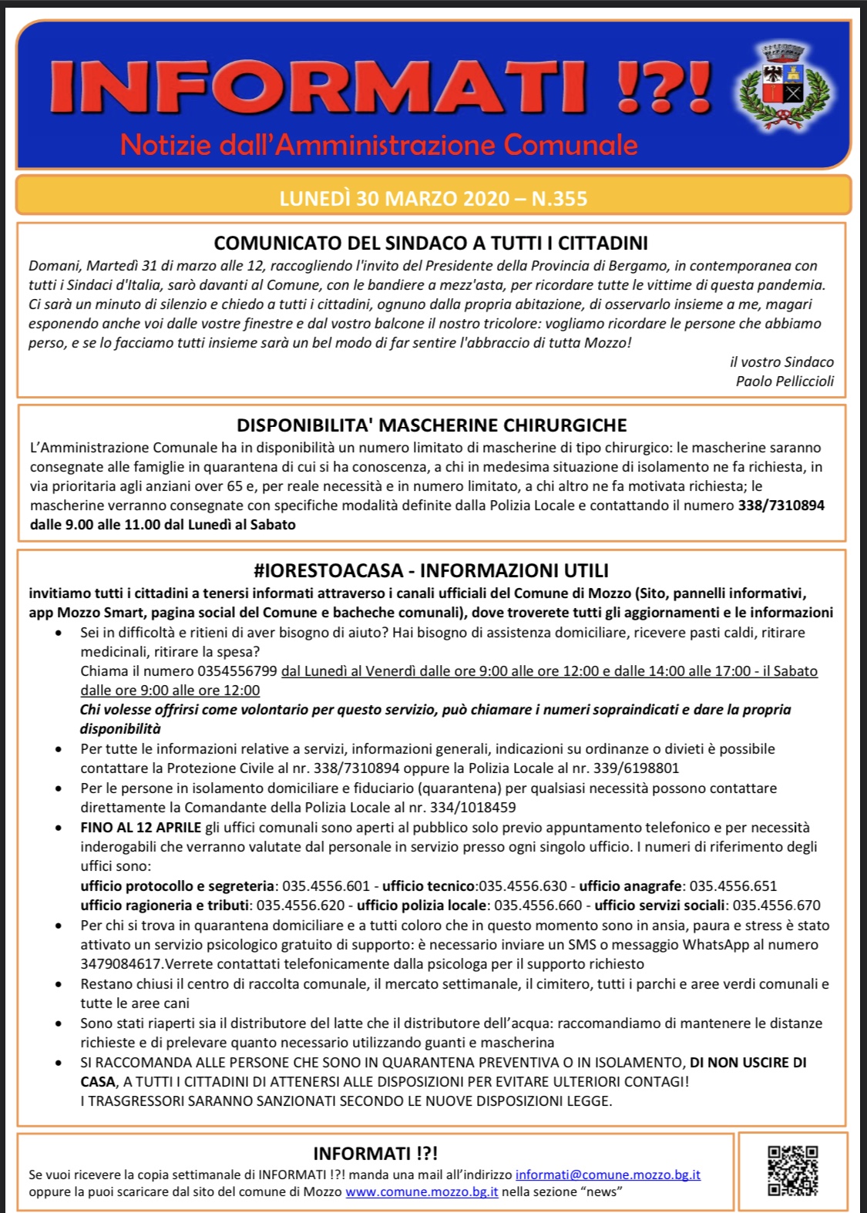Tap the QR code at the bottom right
pyautogui.click(x=792, y=1171)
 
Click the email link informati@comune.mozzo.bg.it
pyautogui.click(x=607, y=1174)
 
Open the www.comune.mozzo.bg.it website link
pyautogui.click(x=422, y=1191)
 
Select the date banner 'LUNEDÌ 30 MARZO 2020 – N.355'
pyautogui.click(x=433, y=198)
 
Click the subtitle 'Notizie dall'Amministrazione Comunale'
pyautogui.click(x=379, y=144)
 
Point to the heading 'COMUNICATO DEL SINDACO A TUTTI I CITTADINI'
pyautogui.click(x=431, y=243)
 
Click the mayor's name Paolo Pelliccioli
pyautogui.click(x=785, y=381)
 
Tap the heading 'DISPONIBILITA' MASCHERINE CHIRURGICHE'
pyautogui.click(x=432, y=425)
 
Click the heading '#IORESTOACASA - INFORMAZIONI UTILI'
pyautogui.click(x=431, y=570)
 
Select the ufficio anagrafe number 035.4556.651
pyautogui.click(x=733, y=885)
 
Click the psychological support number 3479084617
pyautogui.click(x=121, y=963)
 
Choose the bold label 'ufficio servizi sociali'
pyautogui.click(x=660, y=905)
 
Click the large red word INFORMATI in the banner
pyautogui.click(x=320, y=86)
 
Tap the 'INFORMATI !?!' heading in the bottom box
pyautogui.click(x=375, y=1153)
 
